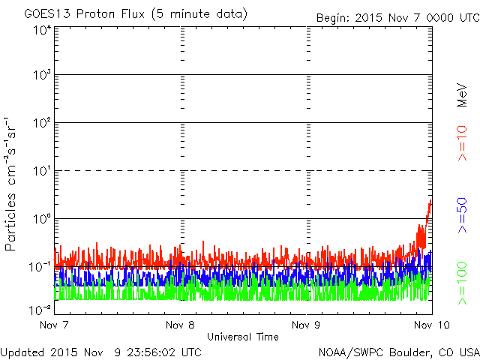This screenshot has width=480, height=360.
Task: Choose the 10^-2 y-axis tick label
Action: [41, 310]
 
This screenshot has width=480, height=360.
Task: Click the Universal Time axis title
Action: [243, 337]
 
